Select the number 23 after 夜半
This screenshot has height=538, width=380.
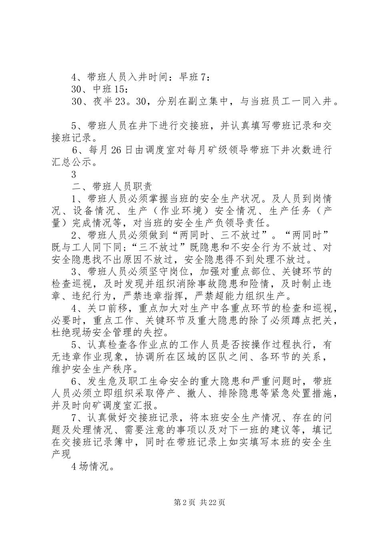tap(120, 102)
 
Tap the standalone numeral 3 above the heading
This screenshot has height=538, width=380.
tap(73, 175)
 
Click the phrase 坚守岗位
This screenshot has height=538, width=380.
tap(175, 272)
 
